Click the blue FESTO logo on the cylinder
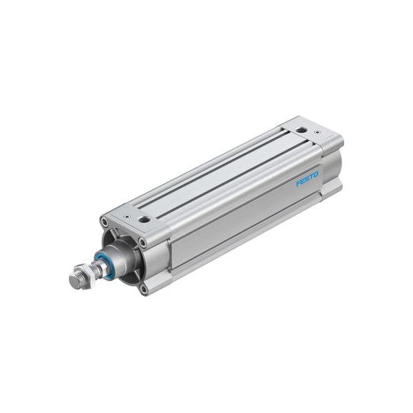coord(308,179)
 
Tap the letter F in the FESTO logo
coord(299,184)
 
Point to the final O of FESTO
coord(317,174)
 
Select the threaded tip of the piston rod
coord(76,280)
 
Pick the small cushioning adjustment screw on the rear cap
coord(317,132)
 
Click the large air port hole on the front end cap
coord(144,219)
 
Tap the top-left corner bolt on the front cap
coord(105,222)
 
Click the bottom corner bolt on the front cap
coord(143,289)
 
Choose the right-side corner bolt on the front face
coord(142,242)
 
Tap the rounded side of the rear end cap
coord(332,165)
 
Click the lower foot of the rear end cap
coord(332,187)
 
